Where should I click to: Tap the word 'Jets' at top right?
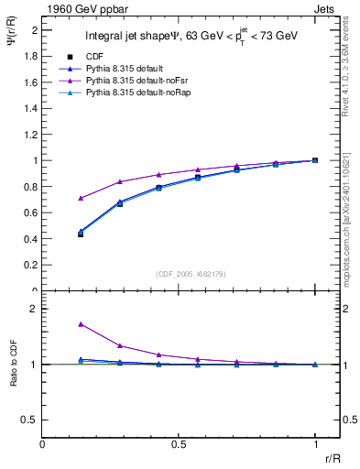[326, 7]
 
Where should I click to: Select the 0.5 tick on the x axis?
[179, 444]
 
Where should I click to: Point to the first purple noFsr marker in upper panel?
[82, 198]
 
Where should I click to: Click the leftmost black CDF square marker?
[82, 234]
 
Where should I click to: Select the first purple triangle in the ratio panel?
[82, 324]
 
